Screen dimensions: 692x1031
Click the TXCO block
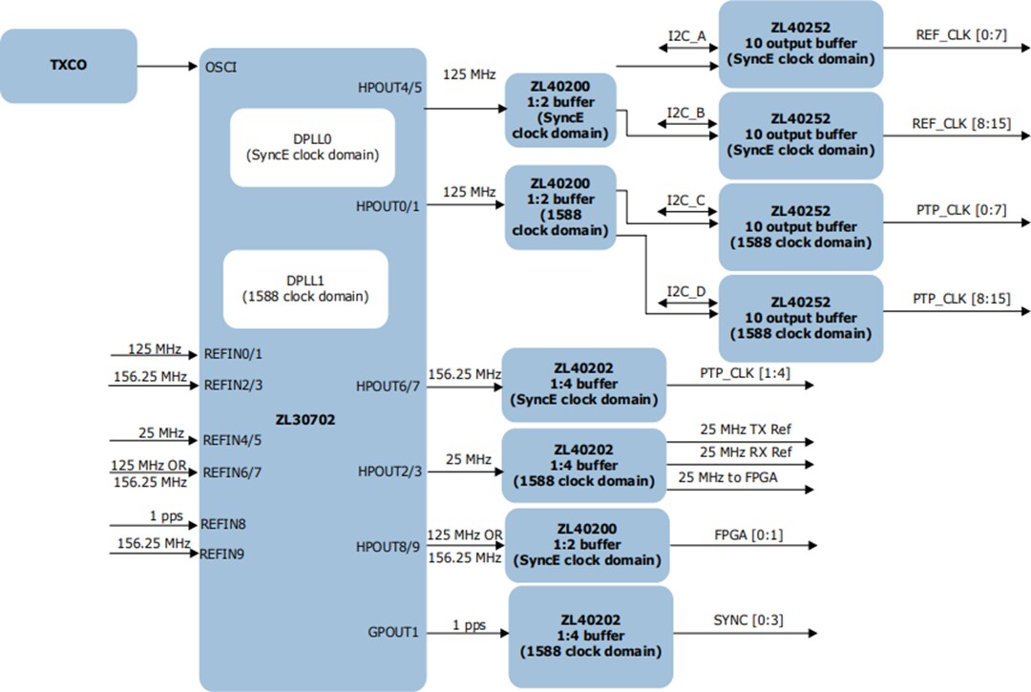(68, 66)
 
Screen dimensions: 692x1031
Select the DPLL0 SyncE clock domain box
(299, 146)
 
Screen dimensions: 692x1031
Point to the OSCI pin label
(221, 67)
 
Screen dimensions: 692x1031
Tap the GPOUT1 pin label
(393, 632)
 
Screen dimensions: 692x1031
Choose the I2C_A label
(686, 36)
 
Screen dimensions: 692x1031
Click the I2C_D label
(686, 291)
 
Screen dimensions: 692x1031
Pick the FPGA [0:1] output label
(748, 535)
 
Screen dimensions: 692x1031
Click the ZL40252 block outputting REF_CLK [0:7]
(800, 44)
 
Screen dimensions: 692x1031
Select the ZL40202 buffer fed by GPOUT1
(590, 636)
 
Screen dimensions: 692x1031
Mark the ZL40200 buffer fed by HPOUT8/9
(586, 545)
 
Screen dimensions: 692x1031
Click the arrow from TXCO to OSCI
(167, 66)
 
